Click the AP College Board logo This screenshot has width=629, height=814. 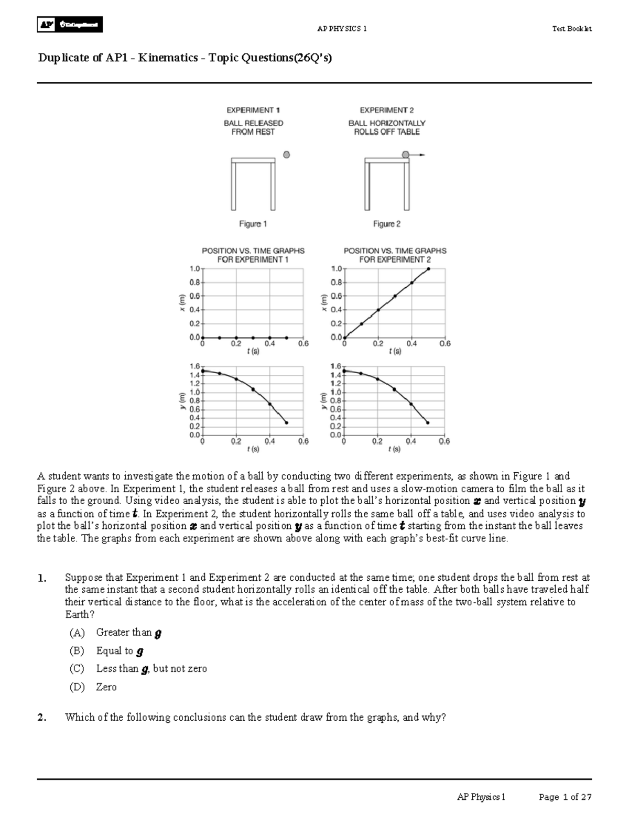pyautogui.click(x=70, y=25)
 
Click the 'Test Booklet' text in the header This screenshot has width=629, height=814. pyautogui.click(x=571, y=29)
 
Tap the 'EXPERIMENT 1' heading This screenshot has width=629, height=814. pyautogui.click(x=253, y=110)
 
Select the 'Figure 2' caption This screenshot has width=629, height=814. pyautogui.click(x=386, y=224)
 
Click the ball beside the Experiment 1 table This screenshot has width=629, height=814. pyautogui.click(x=286, y=155)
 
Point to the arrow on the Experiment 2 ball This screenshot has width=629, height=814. pyautogui.click(x=419, y=155)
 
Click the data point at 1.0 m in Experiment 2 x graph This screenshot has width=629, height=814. pyautogui.click(x=428, y=269)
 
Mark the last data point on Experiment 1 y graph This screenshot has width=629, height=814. pyautogui.click(x=286, y=422)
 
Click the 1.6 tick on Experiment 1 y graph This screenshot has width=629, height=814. pyautogui.click(x=194, y=366)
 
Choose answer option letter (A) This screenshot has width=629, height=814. pyautogui.click(x=77, y=633)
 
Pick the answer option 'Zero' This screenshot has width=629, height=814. pyautogui.click(x=106, y=687)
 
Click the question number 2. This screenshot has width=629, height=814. pyautogui.click(x=42, y=718)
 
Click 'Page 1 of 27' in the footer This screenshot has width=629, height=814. pyautogui.click(x=565, y=797)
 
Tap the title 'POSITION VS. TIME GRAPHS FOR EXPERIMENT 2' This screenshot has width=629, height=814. pyautogui.click(x=395, y=255)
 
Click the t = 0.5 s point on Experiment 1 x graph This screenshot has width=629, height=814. pyautogui.click(x=286, y=338)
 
